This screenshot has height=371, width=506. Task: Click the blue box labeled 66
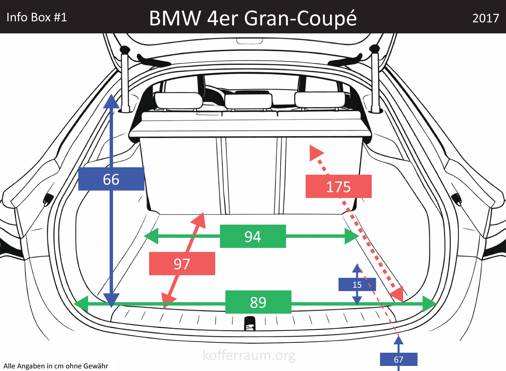(x=111, y=179)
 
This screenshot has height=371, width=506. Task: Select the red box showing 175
(x=338, y=187)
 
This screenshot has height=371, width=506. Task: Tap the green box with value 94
(x=253, y=236)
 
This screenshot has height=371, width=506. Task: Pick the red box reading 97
(x=182, y=264)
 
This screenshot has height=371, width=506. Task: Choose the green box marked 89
(x=258, y=302)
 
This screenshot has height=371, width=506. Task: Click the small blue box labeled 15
(x=357, y=285)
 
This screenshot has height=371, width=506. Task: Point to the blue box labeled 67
(x=398, y=360)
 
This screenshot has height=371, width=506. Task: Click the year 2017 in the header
(x=485, y=18)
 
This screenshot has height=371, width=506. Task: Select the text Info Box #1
(x=37, y=17)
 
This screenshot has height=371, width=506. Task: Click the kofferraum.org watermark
(x=249, y=355)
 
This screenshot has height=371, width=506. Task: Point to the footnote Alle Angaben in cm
(x=56, y=366)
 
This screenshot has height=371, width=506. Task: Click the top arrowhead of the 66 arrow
(x=111, y=101)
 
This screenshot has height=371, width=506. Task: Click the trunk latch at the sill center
(x=250, y=323)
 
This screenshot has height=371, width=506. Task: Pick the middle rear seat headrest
(x=248, y=101)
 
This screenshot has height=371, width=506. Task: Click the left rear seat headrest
(x=178, y=100)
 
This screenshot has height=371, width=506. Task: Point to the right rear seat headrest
(x=320, y=99)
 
